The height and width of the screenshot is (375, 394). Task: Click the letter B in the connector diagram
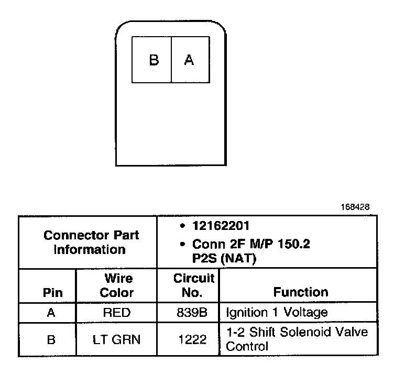coord(154,60)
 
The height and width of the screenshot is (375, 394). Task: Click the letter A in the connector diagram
coord(189,60)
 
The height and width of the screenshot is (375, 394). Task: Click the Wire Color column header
coord(116,285)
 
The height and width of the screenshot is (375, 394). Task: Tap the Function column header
coord(300,292)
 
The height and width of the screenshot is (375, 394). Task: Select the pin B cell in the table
coord(51,339)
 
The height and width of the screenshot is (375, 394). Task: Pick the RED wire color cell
coord(116,313)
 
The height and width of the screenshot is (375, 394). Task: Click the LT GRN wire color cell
coord(116,339)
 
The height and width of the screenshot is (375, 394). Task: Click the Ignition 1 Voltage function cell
coord(277,313)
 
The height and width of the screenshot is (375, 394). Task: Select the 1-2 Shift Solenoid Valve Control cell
coord(297,339)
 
